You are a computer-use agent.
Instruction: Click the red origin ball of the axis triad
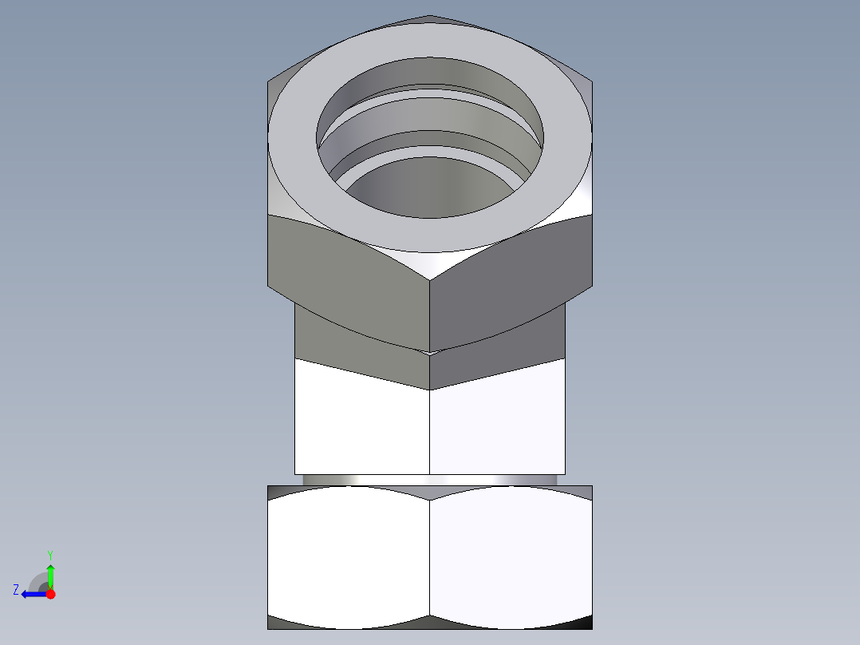point(50,594)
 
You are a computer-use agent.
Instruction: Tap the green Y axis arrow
point(50,573)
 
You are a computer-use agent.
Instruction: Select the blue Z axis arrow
point(32,594)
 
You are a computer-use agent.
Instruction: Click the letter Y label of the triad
point(49,554)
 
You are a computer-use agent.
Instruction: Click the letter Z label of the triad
point(16,590)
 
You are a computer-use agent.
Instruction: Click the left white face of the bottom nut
point(347,555)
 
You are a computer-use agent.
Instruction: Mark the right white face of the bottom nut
point(511,555)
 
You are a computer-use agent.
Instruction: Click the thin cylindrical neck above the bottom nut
point(431,480)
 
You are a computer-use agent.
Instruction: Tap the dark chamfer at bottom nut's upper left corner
point(279,492)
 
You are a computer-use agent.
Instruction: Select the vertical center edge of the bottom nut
point(430,559)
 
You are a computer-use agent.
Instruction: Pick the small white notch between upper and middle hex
point(430,351)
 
